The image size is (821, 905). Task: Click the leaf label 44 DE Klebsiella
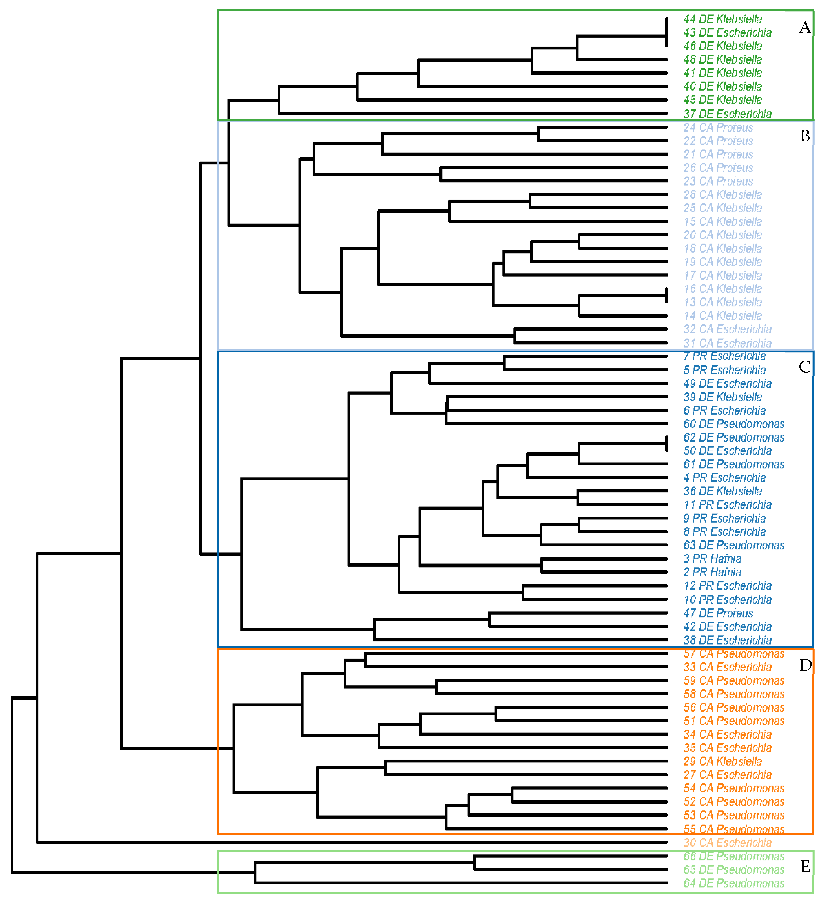click(722, 19)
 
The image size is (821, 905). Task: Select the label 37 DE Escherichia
click(727, 114)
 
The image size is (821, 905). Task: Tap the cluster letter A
click(805, 28)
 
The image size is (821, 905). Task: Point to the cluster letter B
click(805, 136)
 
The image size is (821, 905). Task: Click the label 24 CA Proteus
click(718, 128)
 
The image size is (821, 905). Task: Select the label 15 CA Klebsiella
click(722, 222)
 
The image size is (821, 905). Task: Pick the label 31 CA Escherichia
click(727, 344)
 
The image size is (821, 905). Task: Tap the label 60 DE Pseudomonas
click(733, 424)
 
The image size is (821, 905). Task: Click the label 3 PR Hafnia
click(712, 559)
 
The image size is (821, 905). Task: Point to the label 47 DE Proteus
click(718, 613)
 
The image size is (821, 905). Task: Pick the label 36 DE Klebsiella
click(722, 492)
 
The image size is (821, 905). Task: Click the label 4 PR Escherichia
click(724, 478)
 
